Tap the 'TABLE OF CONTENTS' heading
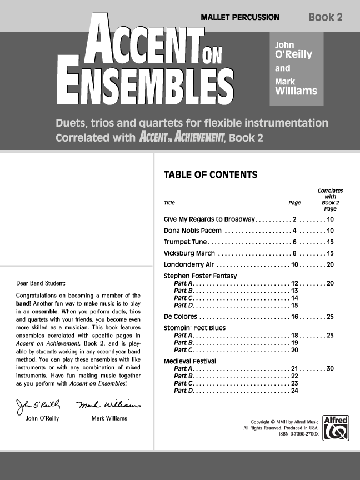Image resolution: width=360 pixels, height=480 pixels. (x=210, y=175)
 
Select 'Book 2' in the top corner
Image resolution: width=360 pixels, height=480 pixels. (x=325, y=17)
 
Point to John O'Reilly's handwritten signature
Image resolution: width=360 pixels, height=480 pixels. (x=39, y=405)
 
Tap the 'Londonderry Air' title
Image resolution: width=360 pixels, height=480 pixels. (x=189, y=264)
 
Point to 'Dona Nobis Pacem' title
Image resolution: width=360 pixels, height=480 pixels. (x=193, y=230)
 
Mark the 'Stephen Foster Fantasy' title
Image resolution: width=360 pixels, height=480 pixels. (x=200, y=276)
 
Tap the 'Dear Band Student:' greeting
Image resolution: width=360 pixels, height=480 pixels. (x=41, y=283)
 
